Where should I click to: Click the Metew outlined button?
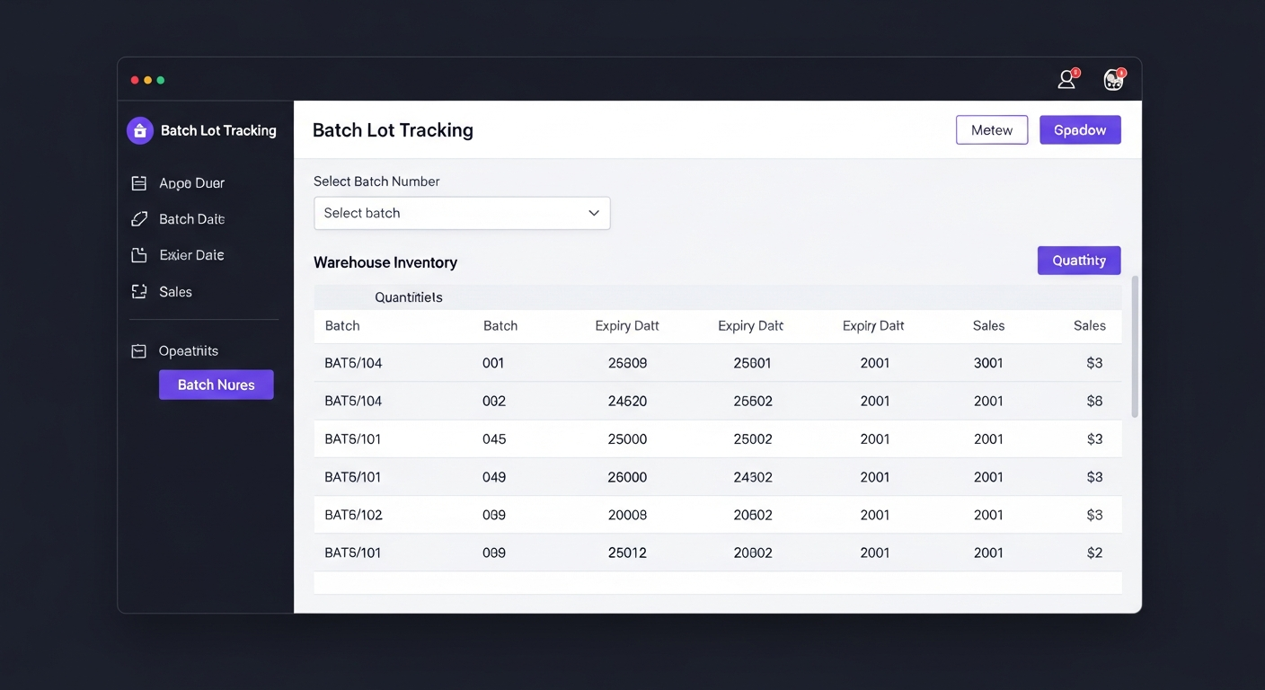tap(992, 130)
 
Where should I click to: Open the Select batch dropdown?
tap(462, 213)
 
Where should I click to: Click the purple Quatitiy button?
tap(1078, 261)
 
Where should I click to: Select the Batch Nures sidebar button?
tap(216, 385)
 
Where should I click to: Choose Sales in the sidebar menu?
tap(175, 292)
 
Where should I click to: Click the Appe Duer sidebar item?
tap(190, 183)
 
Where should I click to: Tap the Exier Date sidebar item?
tap(190, 255)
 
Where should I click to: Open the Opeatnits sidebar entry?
tap(188, 351)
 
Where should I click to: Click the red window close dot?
tap(135, 80)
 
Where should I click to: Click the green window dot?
tap(161, 80)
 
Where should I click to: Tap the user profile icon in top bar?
tap(1066, 80)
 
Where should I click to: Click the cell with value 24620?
tap(627, 402)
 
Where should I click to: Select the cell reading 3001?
tap(988, 364)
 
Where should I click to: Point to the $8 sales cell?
tap(1093, 402)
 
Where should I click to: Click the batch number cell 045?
tap(494, 439)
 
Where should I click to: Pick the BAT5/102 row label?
tap(353, 516)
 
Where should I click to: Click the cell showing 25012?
tap(627, 553)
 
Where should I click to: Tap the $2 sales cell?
tap(1093, 553)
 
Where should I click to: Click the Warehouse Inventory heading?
tap(385, 262)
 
